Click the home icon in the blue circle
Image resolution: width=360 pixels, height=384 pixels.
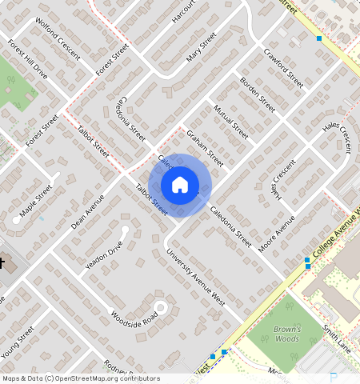180,185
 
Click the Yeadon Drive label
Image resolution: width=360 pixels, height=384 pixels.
105,253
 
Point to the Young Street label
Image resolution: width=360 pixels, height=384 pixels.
18,342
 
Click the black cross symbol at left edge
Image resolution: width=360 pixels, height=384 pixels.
2,262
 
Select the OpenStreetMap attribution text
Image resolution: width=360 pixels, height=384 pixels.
81,378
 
